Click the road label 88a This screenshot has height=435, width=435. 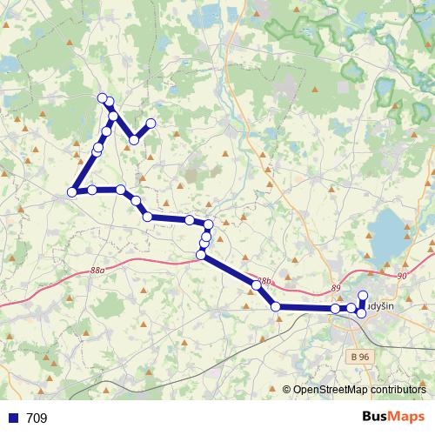(97, 271)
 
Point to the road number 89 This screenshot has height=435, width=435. (336, 288)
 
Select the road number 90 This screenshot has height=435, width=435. (401, 275)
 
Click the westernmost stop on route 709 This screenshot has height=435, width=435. (72, 192)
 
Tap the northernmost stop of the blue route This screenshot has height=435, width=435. (103, 97)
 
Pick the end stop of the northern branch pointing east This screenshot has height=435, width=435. (151, 124)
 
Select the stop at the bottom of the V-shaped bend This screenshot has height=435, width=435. (134, 140)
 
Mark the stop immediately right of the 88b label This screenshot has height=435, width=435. (276, 306)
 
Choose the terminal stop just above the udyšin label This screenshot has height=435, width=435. (363, 295)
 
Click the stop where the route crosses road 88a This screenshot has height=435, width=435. (202, 255)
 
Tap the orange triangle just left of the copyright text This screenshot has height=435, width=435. (286, 389)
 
